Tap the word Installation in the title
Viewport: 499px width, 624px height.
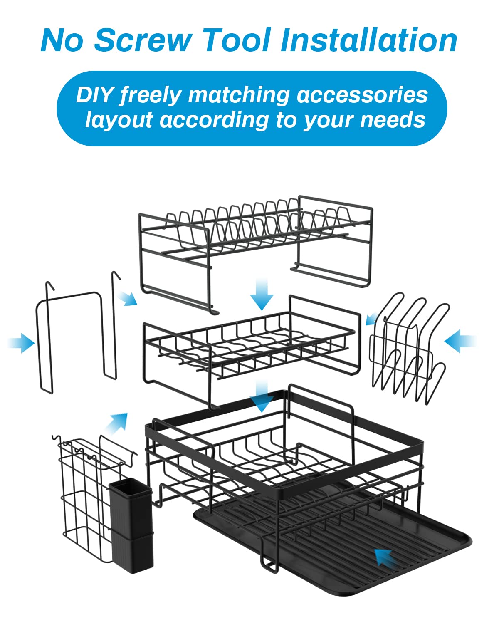(369, 40)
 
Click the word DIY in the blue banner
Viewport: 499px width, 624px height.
(94, 95)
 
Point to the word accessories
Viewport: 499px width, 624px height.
(362, 95)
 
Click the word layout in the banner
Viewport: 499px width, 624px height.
(119, 120)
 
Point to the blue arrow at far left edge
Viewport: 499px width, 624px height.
(22, 343)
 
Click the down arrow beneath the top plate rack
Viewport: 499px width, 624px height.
(262, 295)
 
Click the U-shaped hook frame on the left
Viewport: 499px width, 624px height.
(75, 333)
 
